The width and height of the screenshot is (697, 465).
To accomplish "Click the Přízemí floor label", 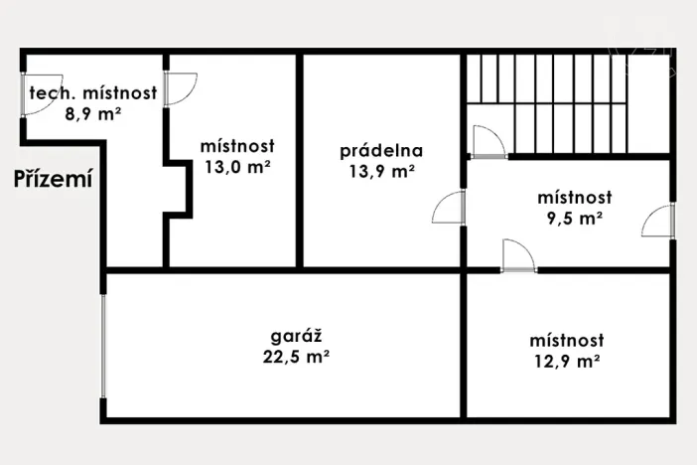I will [x=53, y=179].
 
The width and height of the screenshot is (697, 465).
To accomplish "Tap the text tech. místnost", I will [x=93, y=94].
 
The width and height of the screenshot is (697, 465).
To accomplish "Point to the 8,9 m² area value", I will [x=93, y=114].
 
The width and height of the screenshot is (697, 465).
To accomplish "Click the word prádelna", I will [x=381, y=151].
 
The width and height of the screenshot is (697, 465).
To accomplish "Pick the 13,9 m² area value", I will [x=381, y=171].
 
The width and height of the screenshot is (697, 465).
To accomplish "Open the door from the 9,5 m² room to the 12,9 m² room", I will [x=518, y=255].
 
